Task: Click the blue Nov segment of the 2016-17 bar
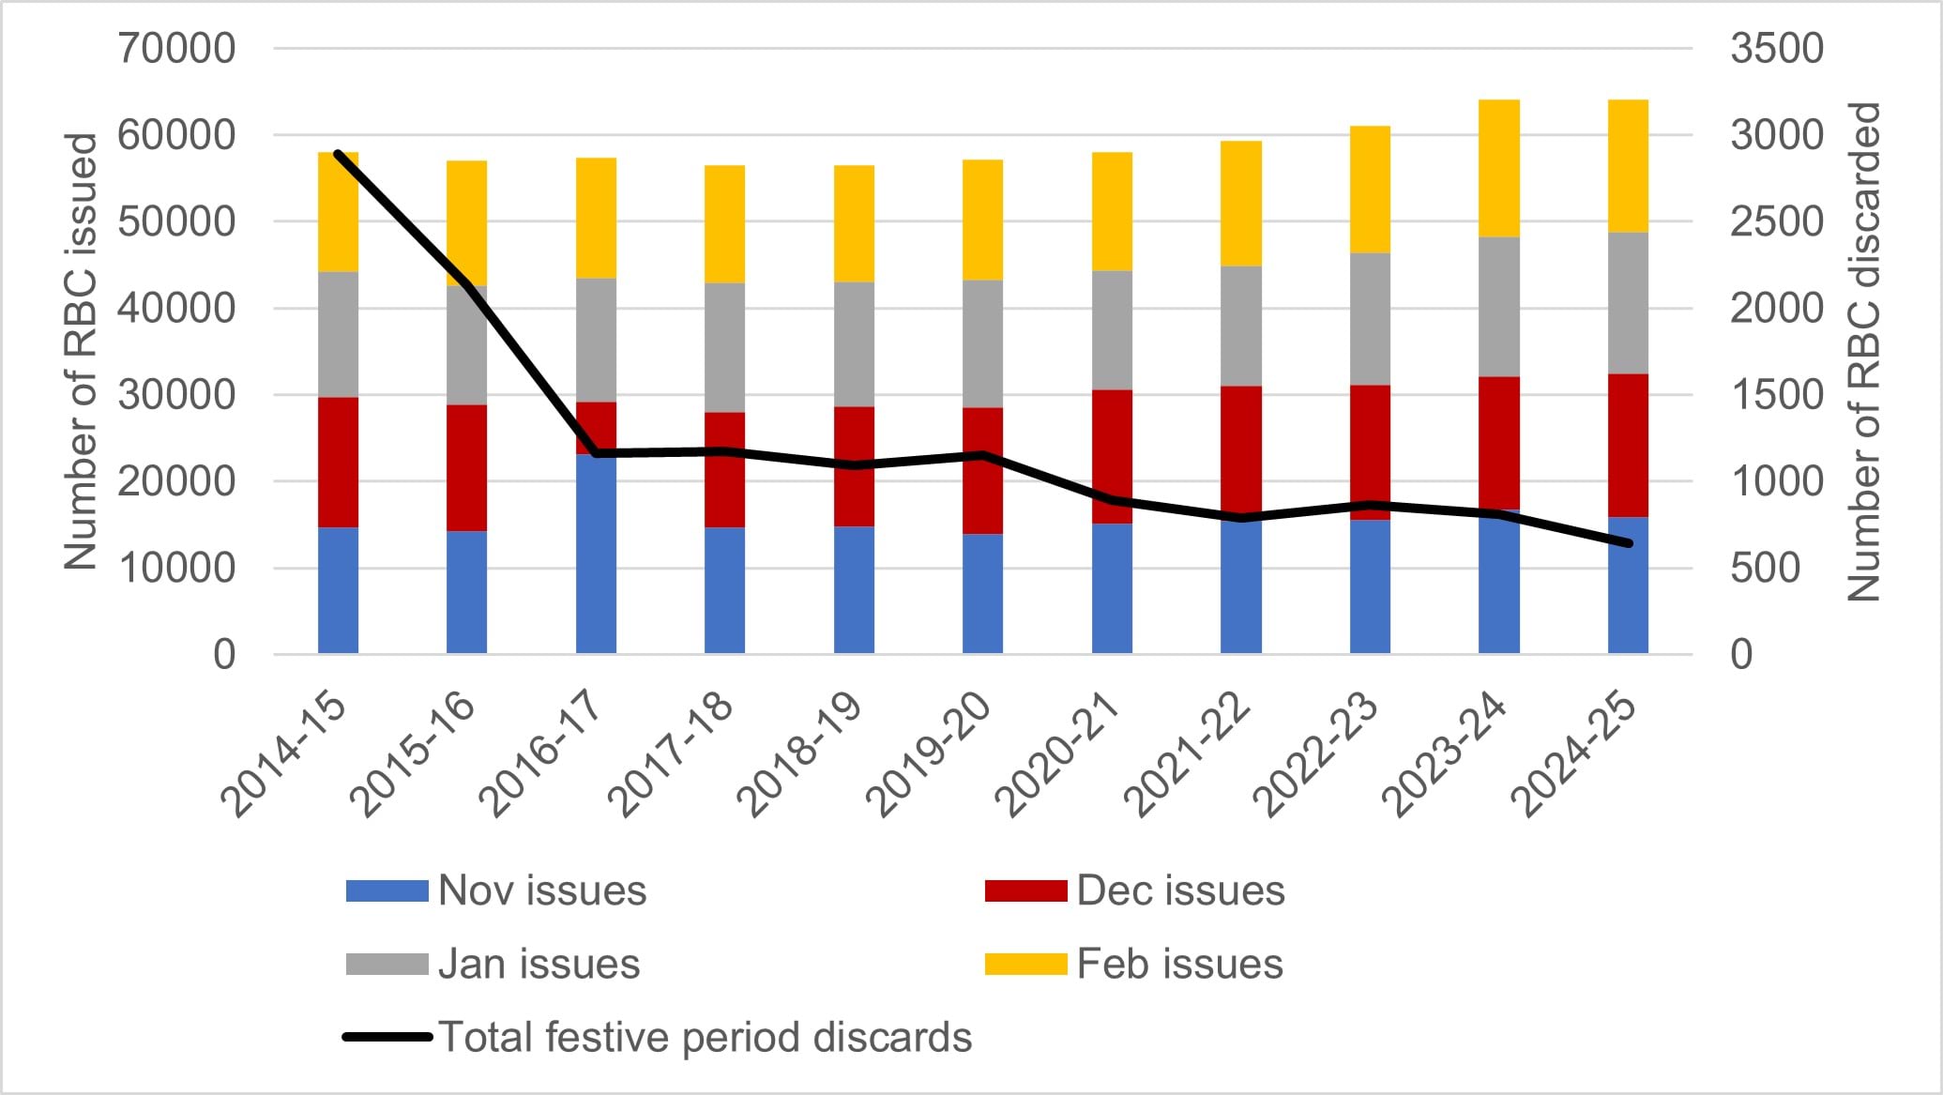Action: point(596,554)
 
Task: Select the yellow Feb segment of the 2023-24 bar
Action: point(1498,169)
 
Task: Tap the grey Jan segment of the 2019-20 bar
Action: point(982,343)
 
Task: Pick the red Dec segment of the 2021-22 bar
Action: point(1240,450)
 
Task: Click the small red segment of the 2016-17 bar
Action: point(596,427)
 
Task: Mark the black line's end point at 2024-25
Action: point(1629,543)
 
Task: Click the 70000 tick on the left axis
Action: point(176,49)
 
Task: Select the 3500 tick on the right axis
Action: point(1776,49)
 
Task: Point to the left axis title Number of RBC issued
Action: point(82,351)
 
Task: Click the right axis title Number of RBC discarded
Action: point(1863,351)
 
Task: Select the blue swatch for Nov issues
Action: point(387,890)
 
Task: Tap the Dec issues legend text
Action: point(1179,890)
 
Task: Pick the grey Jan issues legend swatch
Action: point(387,964)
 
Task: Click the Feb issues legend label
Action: point(1179,964)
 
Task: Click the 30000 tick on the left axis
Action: point(176,395)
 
